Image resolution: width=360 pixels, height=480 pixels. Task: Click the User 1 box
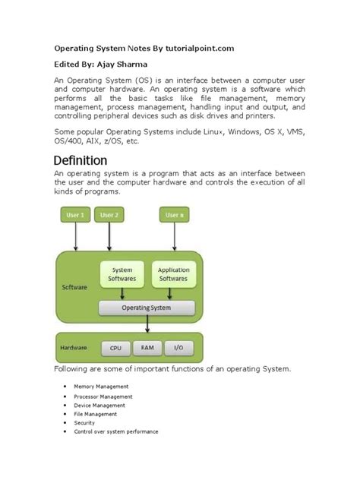coord(76,215)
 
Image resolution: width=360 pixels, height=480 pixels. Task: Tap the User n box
coord(173,215)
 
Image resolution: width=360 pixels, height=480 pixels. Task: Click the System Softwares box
coord(122,274)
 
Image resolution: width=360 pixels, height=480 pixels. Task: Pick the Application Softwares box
coord(173,274)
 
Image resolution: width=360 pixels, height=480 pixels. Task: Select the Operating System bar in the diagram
coord(147,308)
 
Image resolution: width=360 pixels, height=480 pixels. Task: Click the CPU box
coord(115,349)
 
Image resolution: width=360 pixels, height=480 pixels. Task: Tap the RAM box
coord(147,349)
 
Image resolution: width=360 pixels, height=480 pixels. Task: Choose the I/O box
coord(178,349)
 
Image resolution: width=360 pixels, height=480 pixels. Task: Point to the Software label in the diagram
coord(74,288)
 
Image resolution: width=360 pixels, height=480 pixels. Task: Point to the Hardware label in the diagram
coord(74,349)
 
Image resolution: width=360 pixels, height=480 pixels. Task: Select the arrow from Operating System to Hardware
coord(147,324)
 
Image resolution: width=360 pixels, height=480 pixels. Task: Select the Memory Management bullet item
coord(100,387)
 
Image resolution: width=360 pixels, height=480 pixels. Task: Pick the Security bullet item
coord(85,423)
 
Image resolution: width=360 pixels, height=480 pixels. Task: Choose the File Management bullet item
coord(95,414)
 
